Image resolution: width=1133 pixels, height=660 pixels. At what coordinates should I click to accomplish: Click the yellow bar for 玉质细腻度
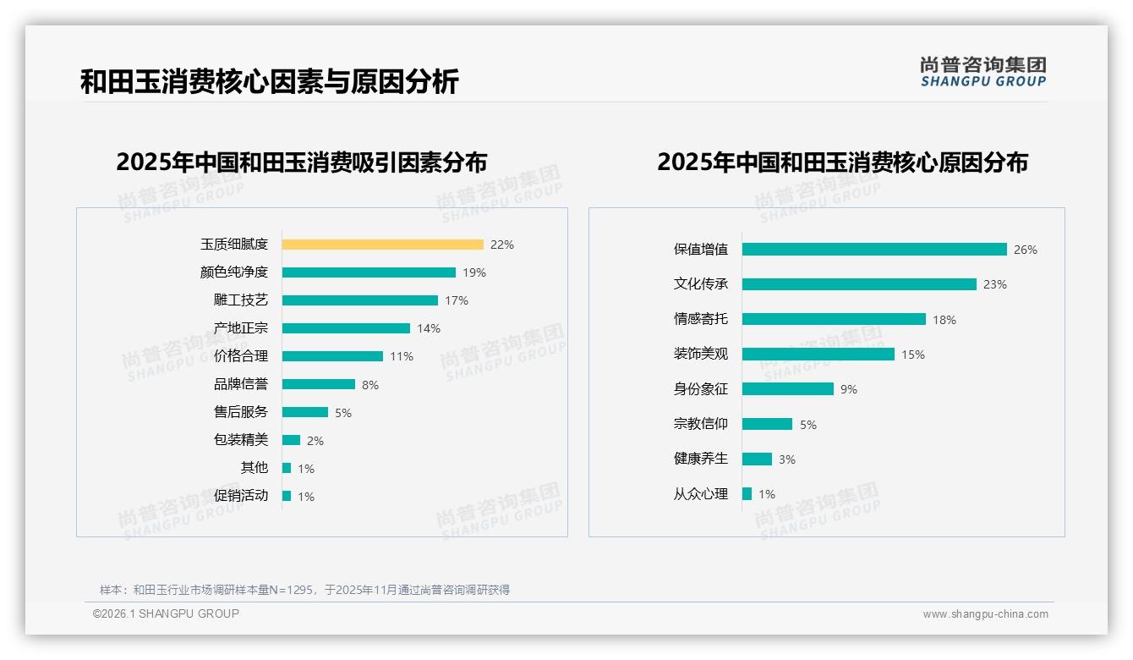[x=382, y=245]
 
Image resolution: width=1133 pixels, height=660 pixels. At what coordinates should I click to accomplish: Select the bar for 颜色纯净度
[x=369, y=272]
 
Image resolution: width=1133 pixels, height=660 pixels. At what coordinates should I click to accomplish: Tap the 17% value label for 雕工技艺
[x=457, y=300]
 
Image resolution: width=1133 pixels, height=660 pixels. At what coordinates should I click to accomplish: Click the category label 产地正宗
[x=240, y=328]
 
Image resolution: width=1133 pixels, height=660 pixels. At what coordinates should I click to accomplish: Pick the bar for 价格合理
[x=332, y=356]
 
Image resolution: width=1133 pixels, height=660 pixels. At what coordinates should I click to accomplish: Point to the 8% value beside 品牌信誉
[x=370, y=385]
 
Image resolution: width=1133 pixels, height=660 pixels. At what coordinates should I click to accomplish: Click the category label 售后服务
[x=240, y=412]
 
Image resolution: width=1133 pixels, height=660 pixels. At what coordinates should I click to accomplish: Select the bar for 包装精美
[x=291, y=440]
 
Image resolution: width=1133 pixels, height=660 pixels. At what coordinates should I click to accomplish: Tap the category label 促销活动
[x=240, y=496]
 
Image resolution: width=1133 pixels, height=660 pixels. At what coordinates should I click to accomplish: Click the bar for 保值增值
[x=874, y=250]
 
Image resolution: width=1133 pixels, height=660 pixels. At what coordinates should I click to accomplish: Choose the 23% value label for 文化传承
[x=995, y=285]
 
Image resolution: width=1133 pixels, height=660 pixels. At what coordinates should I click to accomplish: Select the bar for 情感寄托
[x=834, y=319]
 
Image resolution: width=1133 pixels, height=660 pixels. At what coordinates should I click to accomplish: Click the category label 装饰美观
[x=700, y=355]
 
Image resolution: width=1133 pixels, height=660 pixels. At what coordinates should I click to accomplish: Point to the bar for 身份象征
[x=788, y=389]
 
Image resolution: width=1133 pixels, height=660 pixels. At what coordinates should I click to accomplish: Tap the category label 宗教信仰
[x=700, y=424]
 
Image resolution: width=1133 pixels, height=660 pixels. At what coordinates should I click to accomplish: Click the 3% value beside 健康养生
[x=787, y=459]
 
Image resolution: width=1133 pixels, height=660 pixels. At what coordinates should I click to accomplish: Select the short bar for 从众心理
[x=747, y=493]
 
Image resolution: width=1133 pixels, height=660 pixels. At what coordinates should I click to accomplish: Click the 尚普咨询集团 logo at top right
[x=983, y=72]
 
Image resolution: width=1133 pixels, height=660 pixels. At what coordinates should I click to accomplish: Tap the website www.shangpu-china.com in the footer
[x=985, y=614]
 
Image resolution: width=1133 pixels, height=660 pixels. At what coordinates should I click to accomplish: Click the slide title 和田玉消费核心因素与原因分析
[x=269, y=82]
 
